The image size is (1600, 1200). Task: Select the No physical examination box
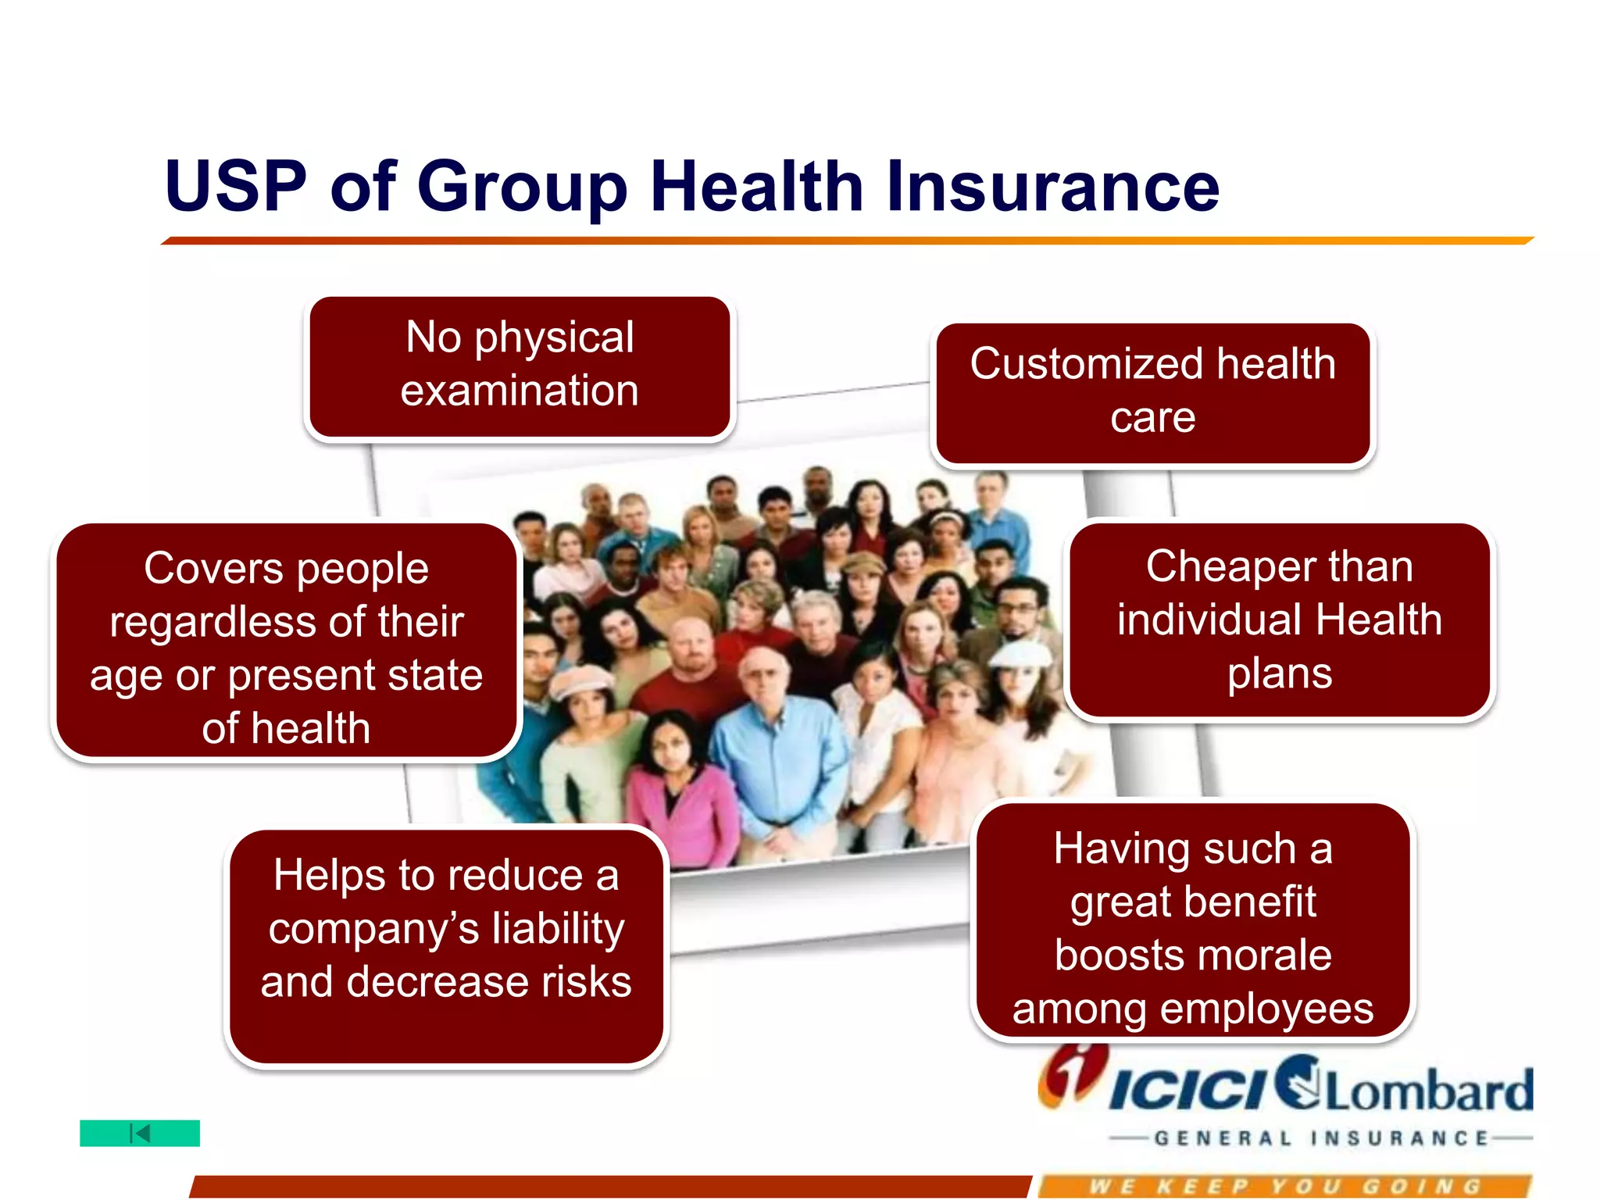(x=520, y=365)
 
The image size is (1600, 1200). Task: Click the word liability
(x=558, y=929)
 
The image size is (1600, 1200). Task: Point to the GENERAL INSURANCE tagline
(x=1320, y=1139)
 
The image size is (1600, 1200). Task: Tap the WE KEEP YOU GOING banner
(x=1285, y=1187)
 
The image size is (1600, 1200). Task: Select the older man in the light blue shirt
(x=773, y=750)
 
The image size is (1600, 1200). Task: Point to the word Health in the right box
(x=1378, y=620)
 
